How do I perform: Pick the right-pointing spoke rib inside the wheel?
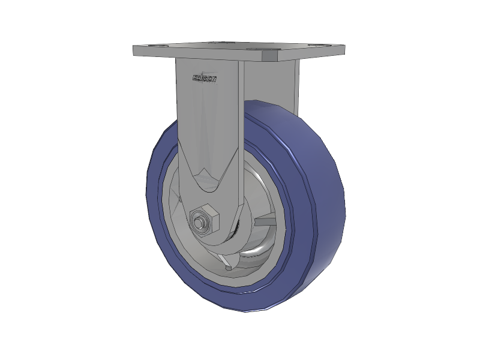tap(264, 223)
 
